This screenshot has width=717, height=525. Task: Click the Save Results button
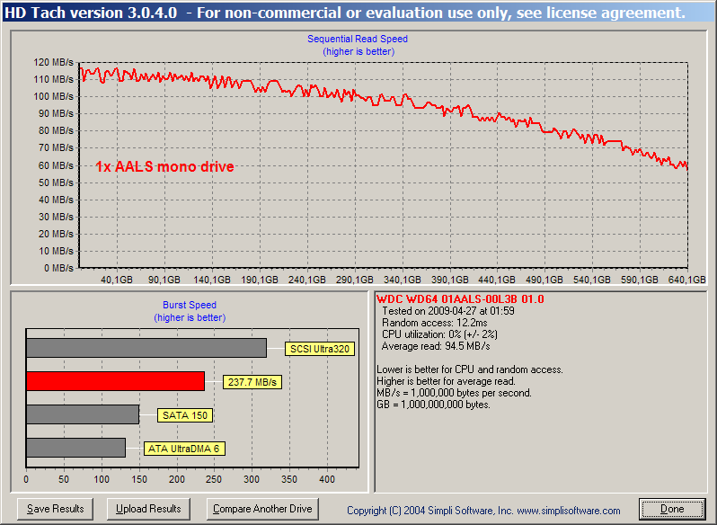pos(56,509)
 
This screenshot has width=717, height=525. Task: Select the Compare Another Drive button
pos(262,509)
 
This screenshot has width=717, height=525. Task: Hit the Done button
pos(672,509)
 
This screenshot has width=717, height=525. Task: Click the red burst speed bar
pos(115,381)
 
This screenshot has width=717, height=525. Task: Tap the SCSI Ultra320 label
pos(320,349)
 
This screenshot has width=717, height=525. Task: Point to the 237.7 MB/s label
pos(252,382)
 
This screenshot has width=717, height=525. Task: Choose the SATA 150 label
pos(185,415)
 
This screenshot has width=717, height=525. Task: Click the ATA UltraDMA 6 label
pos(184,449)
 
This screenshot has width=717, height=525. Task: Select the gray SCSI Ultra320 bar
pos(146,348)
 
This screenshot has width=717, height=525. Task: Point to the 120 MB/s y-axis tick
pos(53,62)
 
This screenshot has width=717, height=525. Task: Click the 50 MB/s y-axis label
pos(56,182)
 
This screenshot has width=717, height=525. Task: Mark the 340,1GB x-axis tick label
pos(402,280)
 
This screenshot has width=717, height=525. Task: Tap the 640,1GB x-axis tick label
pos(686,280)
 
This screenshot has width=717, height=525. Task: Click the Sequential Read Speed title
pos(357,39)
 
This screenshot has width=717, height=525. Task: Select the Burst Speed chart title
pos(190,305)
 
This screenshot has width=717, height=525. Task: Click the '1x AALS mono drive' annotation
pos(164,166)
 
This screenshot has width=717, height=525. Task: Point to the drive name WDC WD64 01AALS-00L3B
pos(447,299)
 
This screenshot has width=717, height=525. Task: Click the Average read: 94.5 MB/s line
pos(435,346)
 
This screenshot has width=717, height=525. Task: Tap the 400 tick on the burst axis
pos(327,479)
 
